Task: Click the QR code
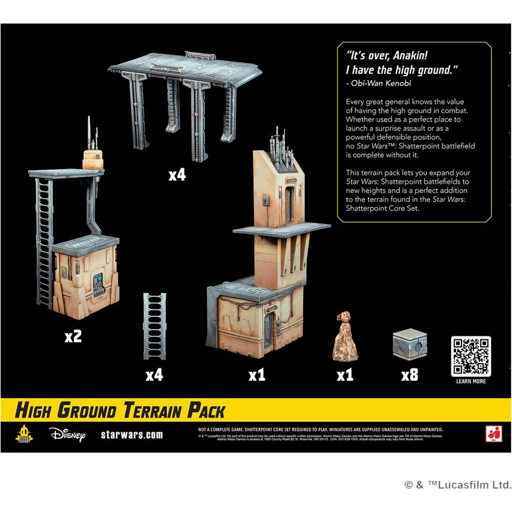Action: [x=470, y=356]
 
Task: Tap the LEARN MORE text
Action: [x=471, y=381]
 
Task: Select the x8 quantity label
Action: [x=409, y=375]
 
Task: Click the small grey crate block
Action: [x=409, y=344]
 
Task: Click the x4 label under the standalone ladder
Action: [x=154, y=375]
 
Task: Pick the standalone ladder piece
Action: [x=154, y=326]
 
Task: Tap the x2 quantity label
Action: [x=73, y=336]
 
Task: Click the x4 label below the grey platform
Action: [x=177, y=175]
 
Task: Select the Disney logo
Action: [x=67, y=434]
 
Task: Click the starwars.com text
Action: [x=131, y=434]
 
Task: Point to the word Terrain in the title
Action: [x=150, y=410]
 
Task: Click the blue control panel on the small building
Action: [x=98, y=278]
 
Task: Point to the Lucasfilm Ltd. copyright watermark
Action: [x=457, y=484]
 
